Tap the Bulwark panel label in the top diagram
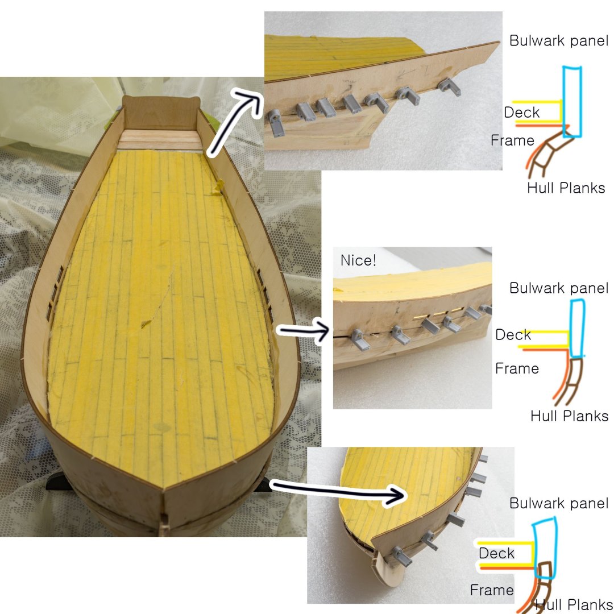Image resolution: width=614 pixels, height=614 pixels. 559,41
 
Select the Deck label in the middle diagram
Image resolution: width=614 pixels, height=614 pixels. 513,335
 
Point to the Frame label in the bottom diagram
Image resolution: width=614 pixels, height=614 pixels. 492,590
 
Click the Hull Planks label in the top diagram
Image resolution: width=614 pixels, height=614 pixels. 566,188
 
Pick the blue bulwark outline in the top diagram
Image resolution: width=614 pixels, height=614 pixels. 572,102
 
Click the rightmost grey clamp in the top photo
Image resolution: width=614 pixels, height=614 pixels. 449,87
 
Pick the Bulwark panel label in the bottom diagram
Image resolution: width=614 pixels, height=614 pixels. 559,503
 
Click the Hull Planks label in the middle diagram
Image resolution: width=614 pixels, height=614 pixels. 569,416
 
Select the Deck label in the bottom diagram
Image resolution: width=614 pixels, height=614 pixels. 496,553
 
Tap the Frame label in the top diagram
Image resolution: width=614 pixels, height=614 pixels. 512,140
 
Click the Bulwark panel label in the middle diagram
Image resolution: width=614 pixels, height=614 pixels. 559,288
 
